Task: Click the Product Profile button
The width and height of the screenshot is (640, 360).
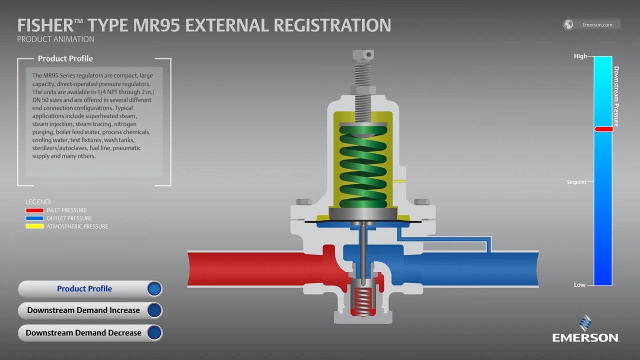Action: click(x=90, y=289)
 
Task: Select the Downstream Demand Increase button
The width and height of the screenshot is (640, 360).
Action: click(x=90, y=310)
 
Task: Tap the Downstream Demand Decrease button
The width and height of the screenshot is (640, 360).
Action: click(x=90, y=333)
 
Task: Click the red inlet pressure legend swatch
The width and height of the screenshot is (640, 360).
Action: click(x=34, y=210)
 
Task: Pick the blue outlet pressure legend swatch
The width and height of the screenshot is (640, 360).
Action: click(x=34, y=218)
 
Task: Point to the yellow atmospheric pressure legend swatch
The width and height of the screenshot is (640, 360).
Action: click(x=34, y=226)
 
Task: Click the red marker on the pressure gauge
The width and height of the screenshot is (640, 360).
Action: click(x=603, y=129)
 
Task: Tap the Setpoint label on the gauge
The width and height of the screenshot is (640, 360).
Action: click(x=576, y=182)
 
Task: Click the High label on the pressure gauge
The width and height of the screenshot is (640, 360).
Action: click(x=580, y=56)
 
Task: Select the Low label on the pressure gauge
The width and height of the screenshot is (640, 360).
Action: click(x=579, y=285)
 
